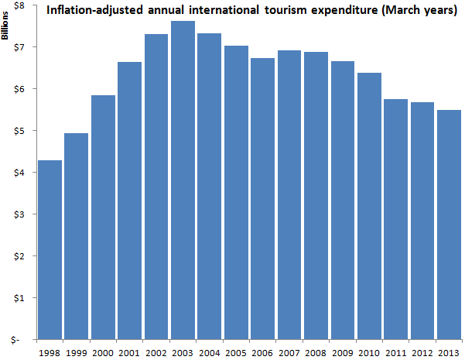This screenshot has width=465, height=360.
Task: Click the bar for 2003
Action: [x=183, y=180]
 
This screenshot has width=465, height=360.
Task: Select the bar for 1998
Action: [x=50, y=250]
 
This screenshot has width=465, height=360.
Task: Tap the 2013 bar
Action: [x=449, y=225]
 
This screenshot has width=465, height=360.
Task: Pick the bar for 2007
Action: [x=289, y=195]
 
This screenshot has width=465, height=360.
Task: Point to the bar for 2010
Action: [x=369, y=206]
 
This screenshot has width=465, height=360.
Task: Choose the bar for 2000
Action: [x=103, y=218]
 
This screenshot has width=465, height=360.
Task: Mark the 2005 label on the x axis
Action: [x=236, y=353]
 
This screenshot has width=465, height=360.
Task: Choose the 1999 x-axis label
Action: [x=77, y=353]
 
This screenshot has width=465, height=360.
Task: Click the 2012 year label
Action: [x=422, y=353]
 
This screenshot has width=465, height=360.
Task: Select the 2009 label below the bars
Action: [x=343, y=353]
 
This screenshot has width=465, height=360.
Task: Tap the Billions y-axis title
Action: [x=5, y=26]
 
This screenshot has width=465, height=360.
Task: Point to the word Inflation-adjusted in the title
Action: [x=94, y=11]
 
